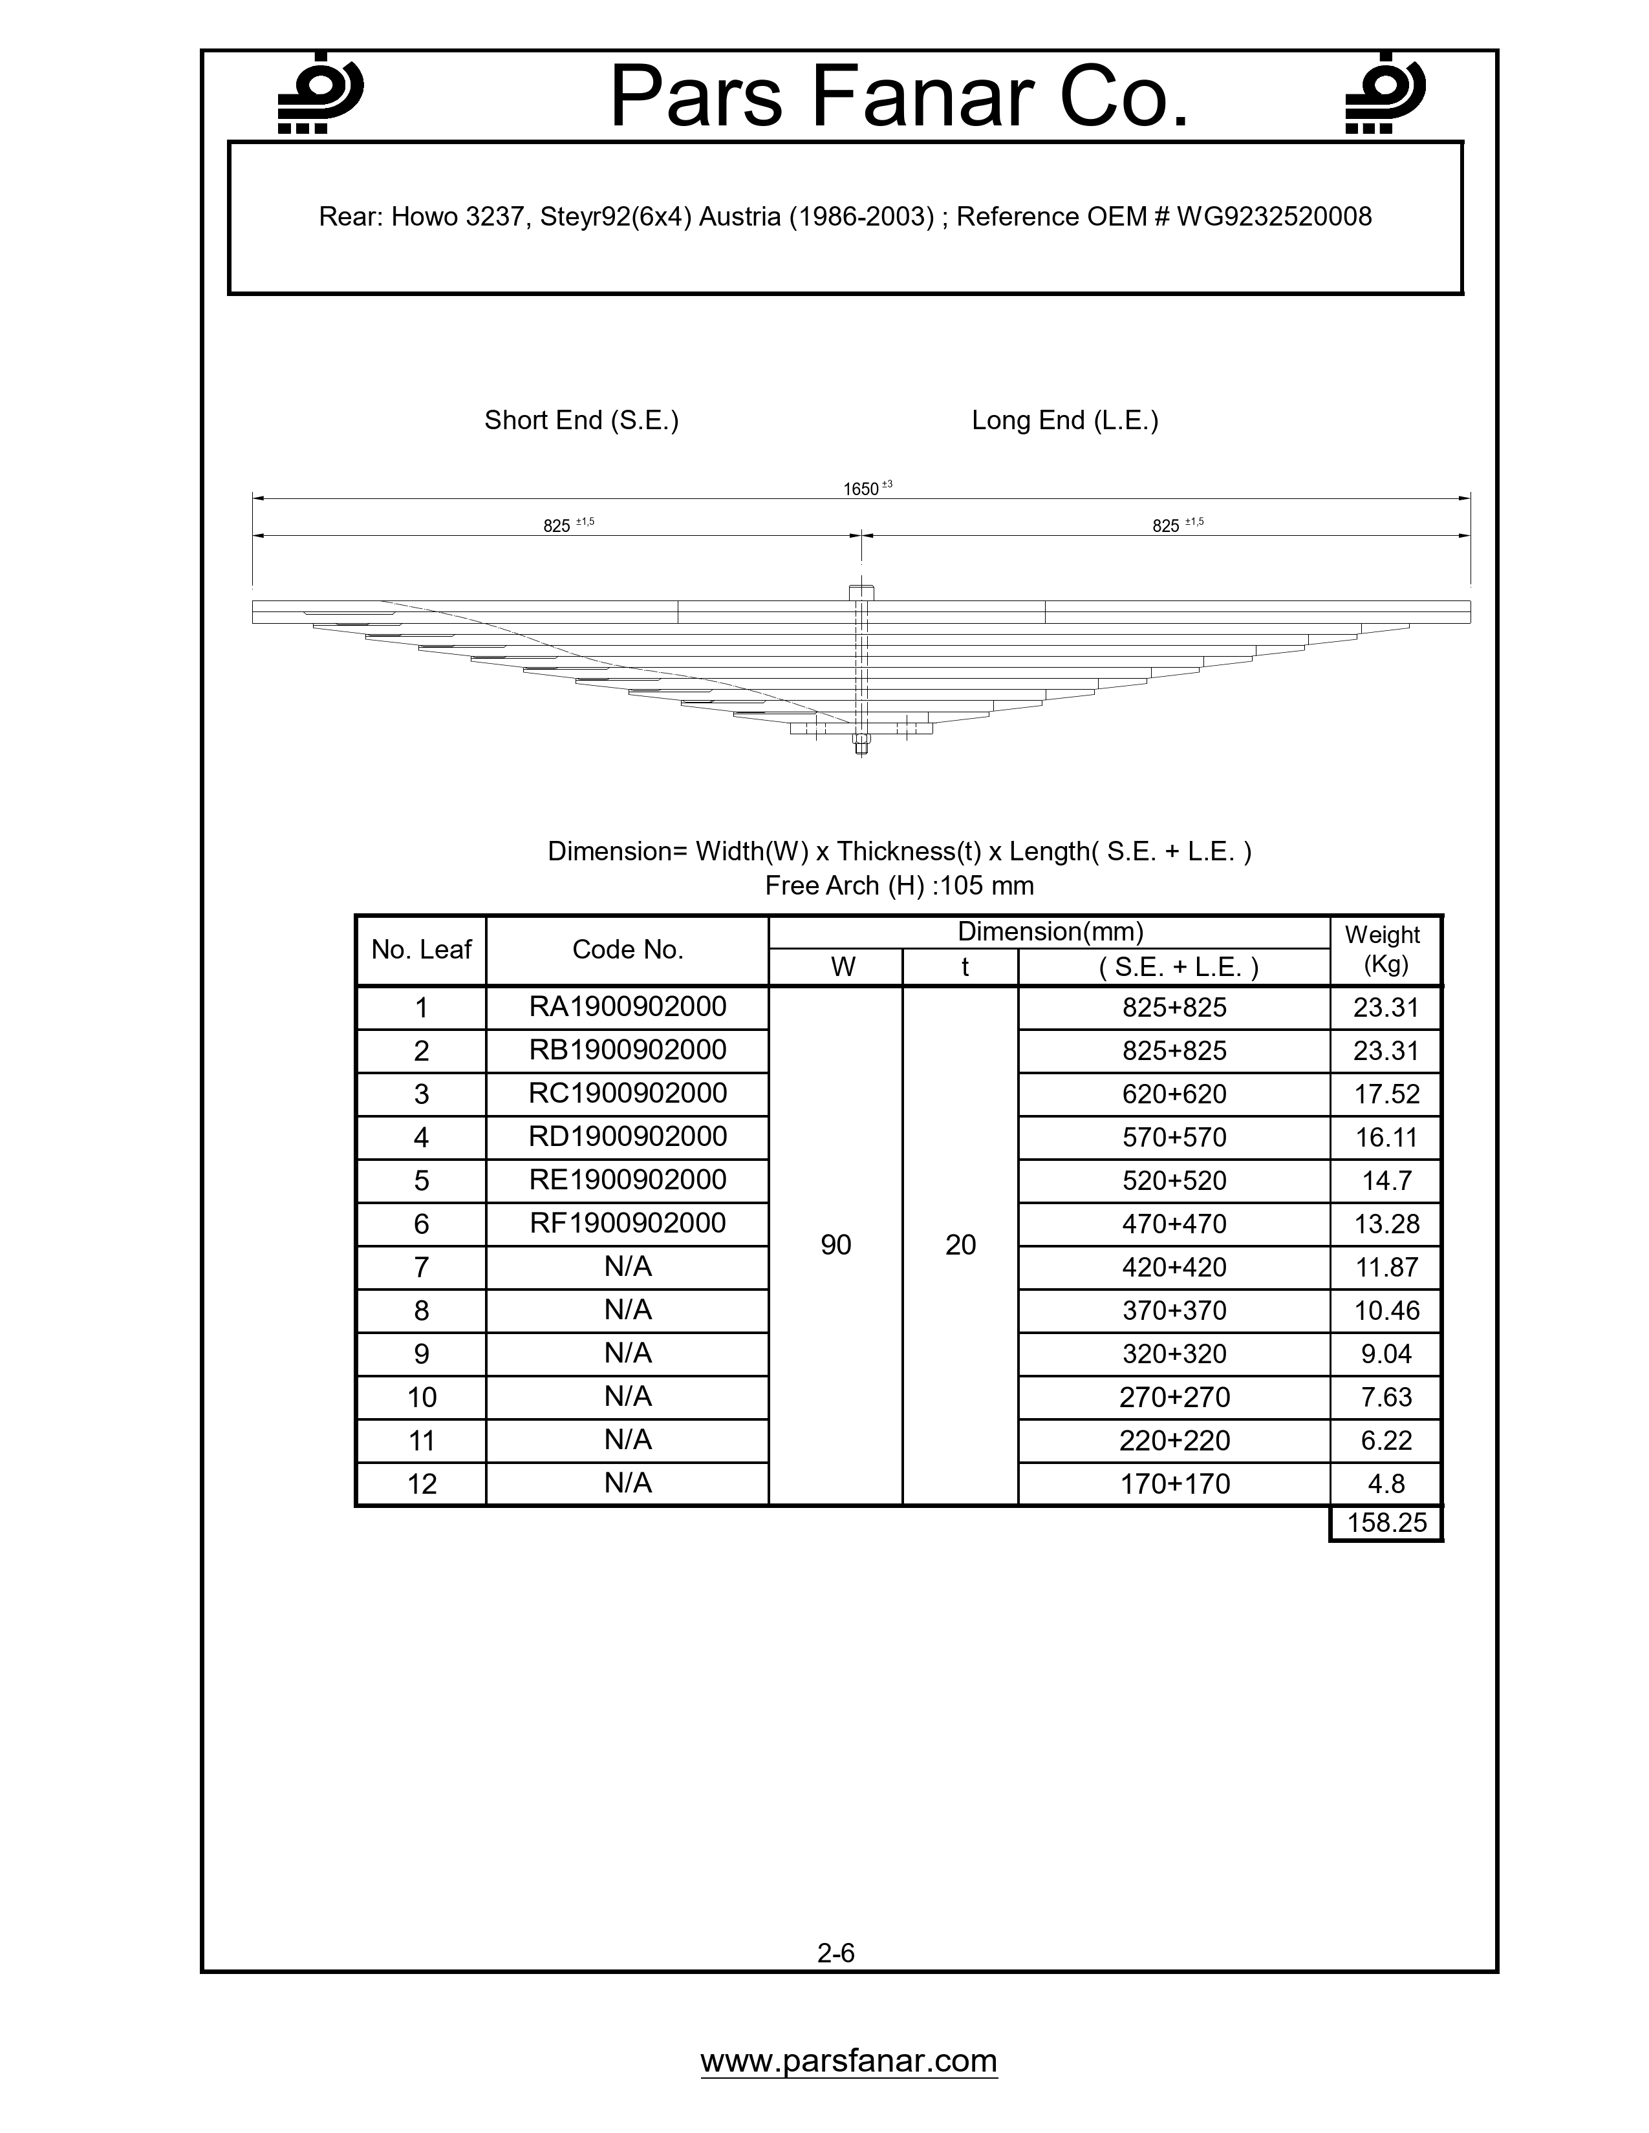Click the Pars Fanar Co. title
(899, 98)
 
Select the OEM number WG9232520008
(1274, 217)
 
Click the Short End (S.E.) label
(581, 420)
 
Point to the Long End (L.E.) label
(1065, 420)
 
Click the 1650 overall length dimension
(863, 488)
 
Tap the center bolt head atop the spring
(861, 593)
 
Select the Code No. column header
(627, 950)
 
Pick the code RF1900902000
(627, 1223)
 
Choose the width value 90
(835, 1244)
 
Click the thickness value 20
(960, 1244)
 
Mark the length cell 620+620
(1174, 1094)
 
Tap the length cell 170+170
(1174, 1483)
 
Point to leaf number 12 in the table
(421, 1483)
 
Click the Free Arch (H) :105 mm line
(899, 886)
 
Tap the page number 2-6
(836, 1952)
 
